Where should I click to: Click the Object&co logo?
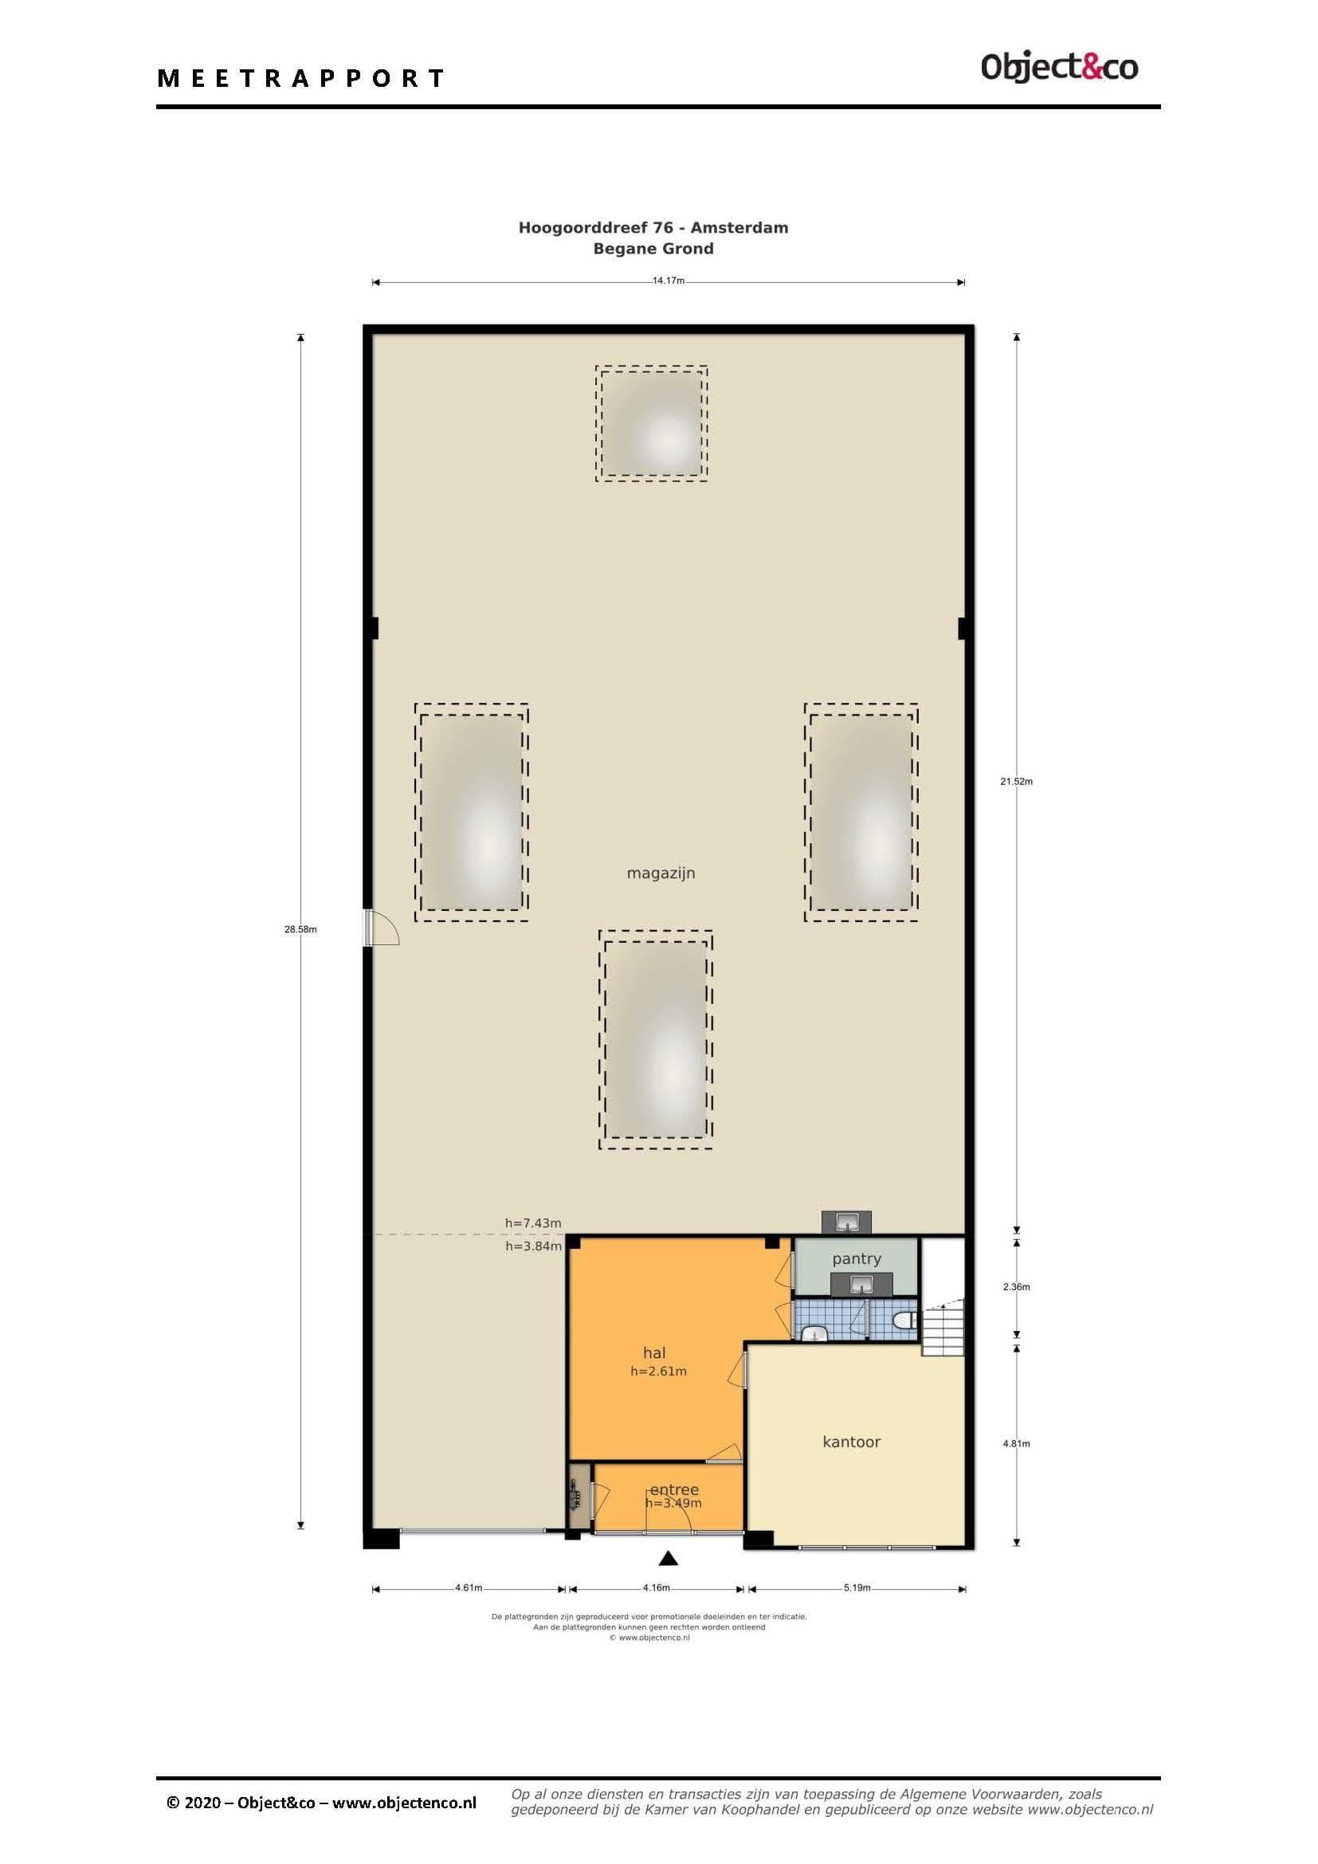(x=1059, y=67)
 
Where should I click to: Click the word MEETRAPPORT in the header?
(x=301, y=79)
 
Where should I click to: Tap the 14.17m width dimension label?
(x=669, y=281)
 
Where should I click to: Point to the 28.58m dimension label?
(x=300, y=929)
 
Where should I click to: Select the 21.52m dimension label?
(x=1016, y=782)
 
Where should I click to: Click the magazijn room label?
(x=661, y=873)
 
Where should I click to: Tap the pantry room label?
(x=856, y=1259)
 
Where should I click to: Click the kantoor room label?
(x=851, y=1442)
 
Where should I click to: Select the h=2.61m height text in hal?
(x=658, y=1372)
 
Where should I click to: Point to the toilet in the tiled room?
(x=904, y=1320)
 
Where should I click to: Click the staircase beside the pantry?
(x=942, y=1328)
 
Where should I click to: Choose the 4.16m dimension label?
(x=657, y=1587)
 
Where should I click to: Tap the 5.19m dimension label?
(x=857, y=1587)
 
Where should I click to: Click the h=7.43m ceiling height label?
(x=533, y=1222)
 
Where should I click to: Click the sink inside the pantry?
(x=861, y=1285)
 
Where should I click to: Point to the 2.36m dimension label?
(x=1016, y=1287)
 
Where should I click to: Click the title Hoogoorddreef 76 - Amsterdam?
(x=653, y=227)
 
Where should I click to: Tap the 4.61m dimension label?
(x=469, y=1587)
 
